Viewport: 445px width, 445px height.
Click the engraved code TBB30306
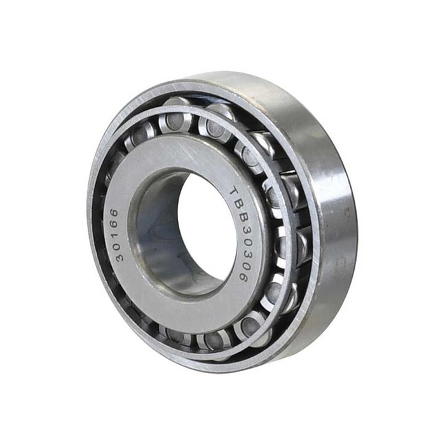[239, 233]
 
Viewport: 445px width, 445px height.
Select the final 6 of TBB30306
[242, 277]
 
